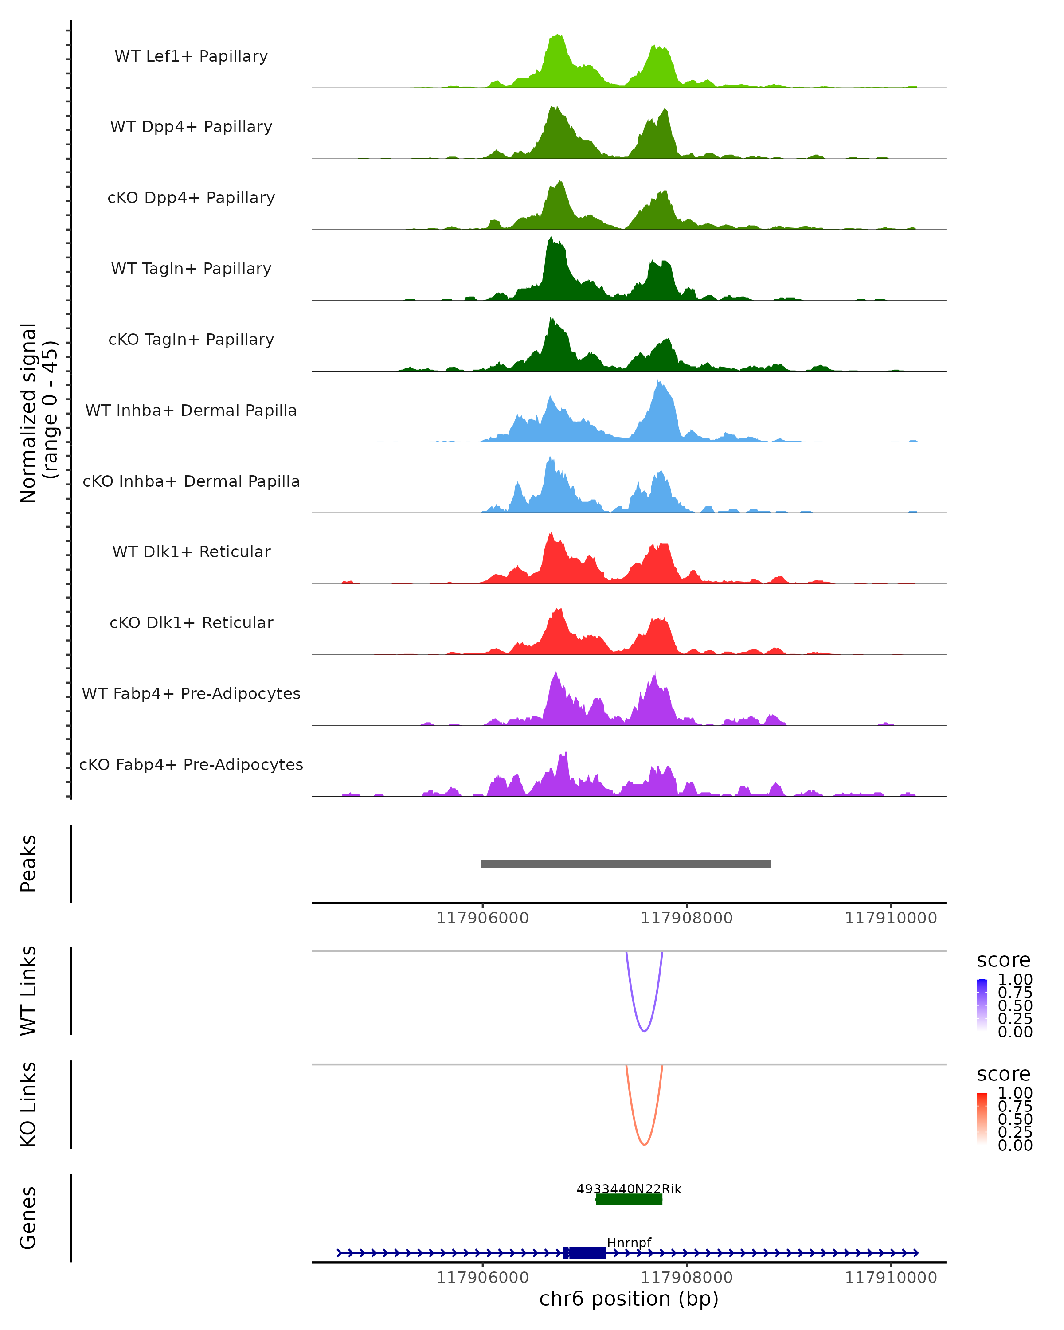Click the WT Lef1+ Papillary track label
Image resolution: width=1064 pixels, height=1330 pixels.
click(191, 56)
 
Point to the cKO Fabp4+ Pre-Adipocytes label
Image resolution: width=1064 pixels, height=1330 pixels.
click(191, 764)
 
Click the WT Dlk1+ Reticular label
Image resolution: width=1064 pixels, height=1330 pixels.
click(191, 552)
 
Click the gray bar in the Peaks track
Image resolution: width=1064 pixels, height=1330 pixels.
click(626, 864)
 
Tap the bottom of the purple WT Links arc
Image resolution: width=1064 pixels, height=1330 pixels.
click(644, 1031)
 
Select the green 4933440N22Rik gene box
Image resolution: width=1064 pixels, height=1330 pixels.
click(629, 1199)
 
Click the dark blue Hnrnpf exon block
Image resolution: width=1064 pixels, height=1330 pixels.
click(586, 1252)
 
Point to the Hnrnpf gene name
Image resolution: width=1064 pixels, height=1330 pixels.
click(629, 1242)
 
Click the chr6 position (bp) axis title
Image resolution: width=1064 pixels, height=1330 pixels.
click(629, 1299)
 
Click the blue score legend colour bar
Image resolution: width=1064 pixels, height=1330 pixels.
click(982, 1005)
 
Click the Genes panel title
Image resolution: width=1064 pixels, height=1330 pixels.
click(28, 1218)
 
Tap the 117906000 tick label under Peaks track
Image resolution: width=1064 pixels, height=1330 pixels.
click(482, 918)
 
